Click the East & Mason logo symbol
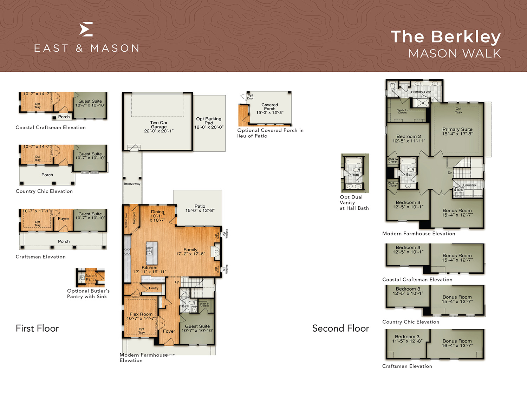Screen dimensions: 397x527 pyautogui.click(x=86, y=29)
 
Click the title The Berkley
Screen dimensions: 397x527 pyautogui.click(x=445, y=37)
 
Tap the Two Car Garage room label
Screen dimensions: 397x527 pyautogui.click(x=159, y=125)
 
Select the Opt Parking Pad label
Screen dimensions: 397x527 pyautogui.click(x=209, y=121)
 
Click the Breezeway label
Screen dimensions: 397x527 pyautogui.click(x=132, y=184)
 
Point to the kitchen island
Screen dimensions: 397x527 pyautogui.click(x=152, y=253)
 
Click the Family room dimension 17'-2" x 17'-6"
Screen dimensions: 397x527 pyautogui.click(x=190, y=254)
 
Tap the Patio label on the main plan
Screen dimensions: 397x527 pyautogui.click(x=200, y=206)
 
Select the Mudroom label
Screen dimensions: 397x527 pyautogui.click(x=134, y=218)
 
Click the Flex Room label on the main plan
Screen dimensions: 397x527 pyautogui.click(x=141, y=314)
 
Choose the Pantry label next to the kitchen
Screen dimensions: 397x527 pyautogui.click(x=154, y=288)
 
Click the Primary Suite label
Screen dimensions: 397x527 pyautogui.click(x=457, y=129)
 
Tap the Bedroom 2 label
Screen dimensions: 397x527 pyautogui.click(x=409, y=136)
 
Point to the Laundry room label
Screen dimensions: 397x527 pyautogui.click(x=469, y=185)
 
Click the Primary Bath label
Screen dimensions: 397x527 pyautogui.click(x=421, y=92)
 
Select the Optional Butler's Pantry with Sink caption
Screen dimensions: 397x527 pyautogui.click(x=88, y=294)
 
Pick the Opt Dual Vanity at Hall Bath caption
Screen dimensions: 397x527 pyautogui.click(x=354, y=203)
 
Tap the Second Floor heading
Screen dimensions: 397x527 pyautogui.click(x=340, y=328)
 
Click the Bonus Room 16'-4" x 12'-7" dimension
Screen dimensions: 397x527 pyautogui.click(x=457, y=346)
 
